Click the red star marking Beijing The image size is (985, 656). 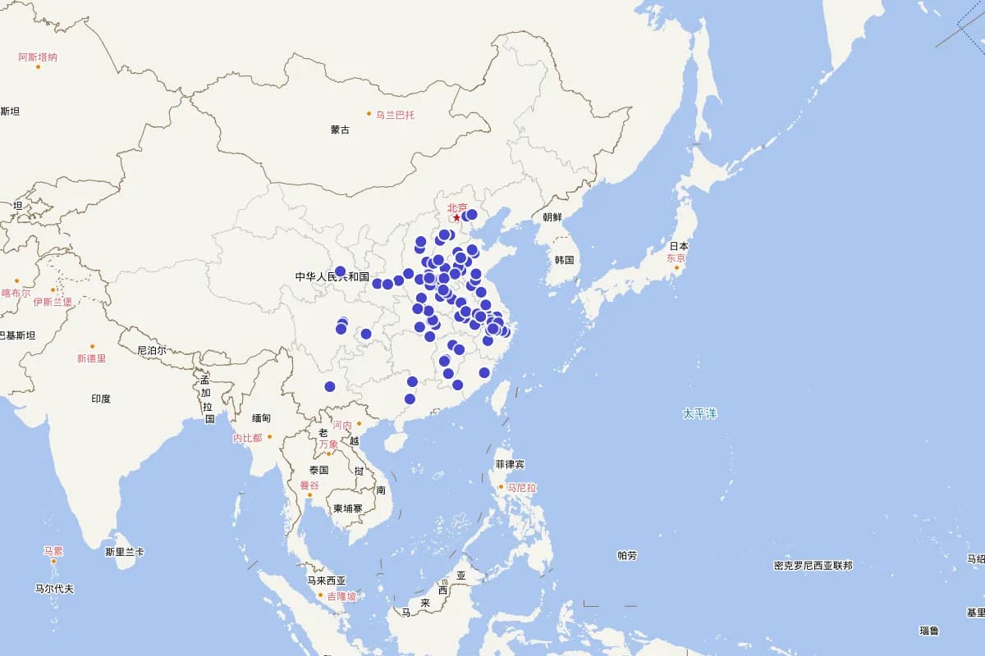coord(456,217)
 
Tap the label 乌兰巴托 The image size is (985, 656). coord(395,115)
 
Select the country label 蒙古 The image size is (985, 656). coord(340,130)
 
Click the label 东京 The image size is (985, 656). coord(676,257)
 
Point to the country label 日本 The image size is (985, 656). coord(678,246)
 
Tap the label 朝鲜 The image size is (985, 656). coord(552,217)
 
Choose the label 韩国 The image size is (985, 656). coord(564,260)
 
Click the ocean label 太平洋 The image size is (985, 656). coord(699,413)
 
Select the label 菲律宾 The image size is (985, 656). coord(509,464)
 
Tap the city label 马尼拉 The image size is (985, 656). coord(521,487)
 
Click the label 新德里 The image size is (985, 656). coord(91,358)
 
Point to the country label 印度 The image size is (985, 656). coord(101,399)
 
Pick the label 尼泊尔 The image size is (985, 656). coord(151,350)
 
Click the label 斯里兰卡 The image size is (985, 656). coord(125,552)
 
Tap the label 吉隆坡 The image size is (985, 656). coord(341,596)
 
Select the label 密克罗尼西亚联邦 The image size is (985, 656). coord(813,565)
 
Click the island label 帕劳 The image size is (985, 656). coord(626,555)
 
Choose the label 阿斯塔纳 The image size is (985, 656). coord(38,57)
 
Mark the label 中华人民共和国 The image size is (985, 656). coord(332,277)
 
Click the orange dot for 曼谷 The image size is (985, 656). coord(309,494)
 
